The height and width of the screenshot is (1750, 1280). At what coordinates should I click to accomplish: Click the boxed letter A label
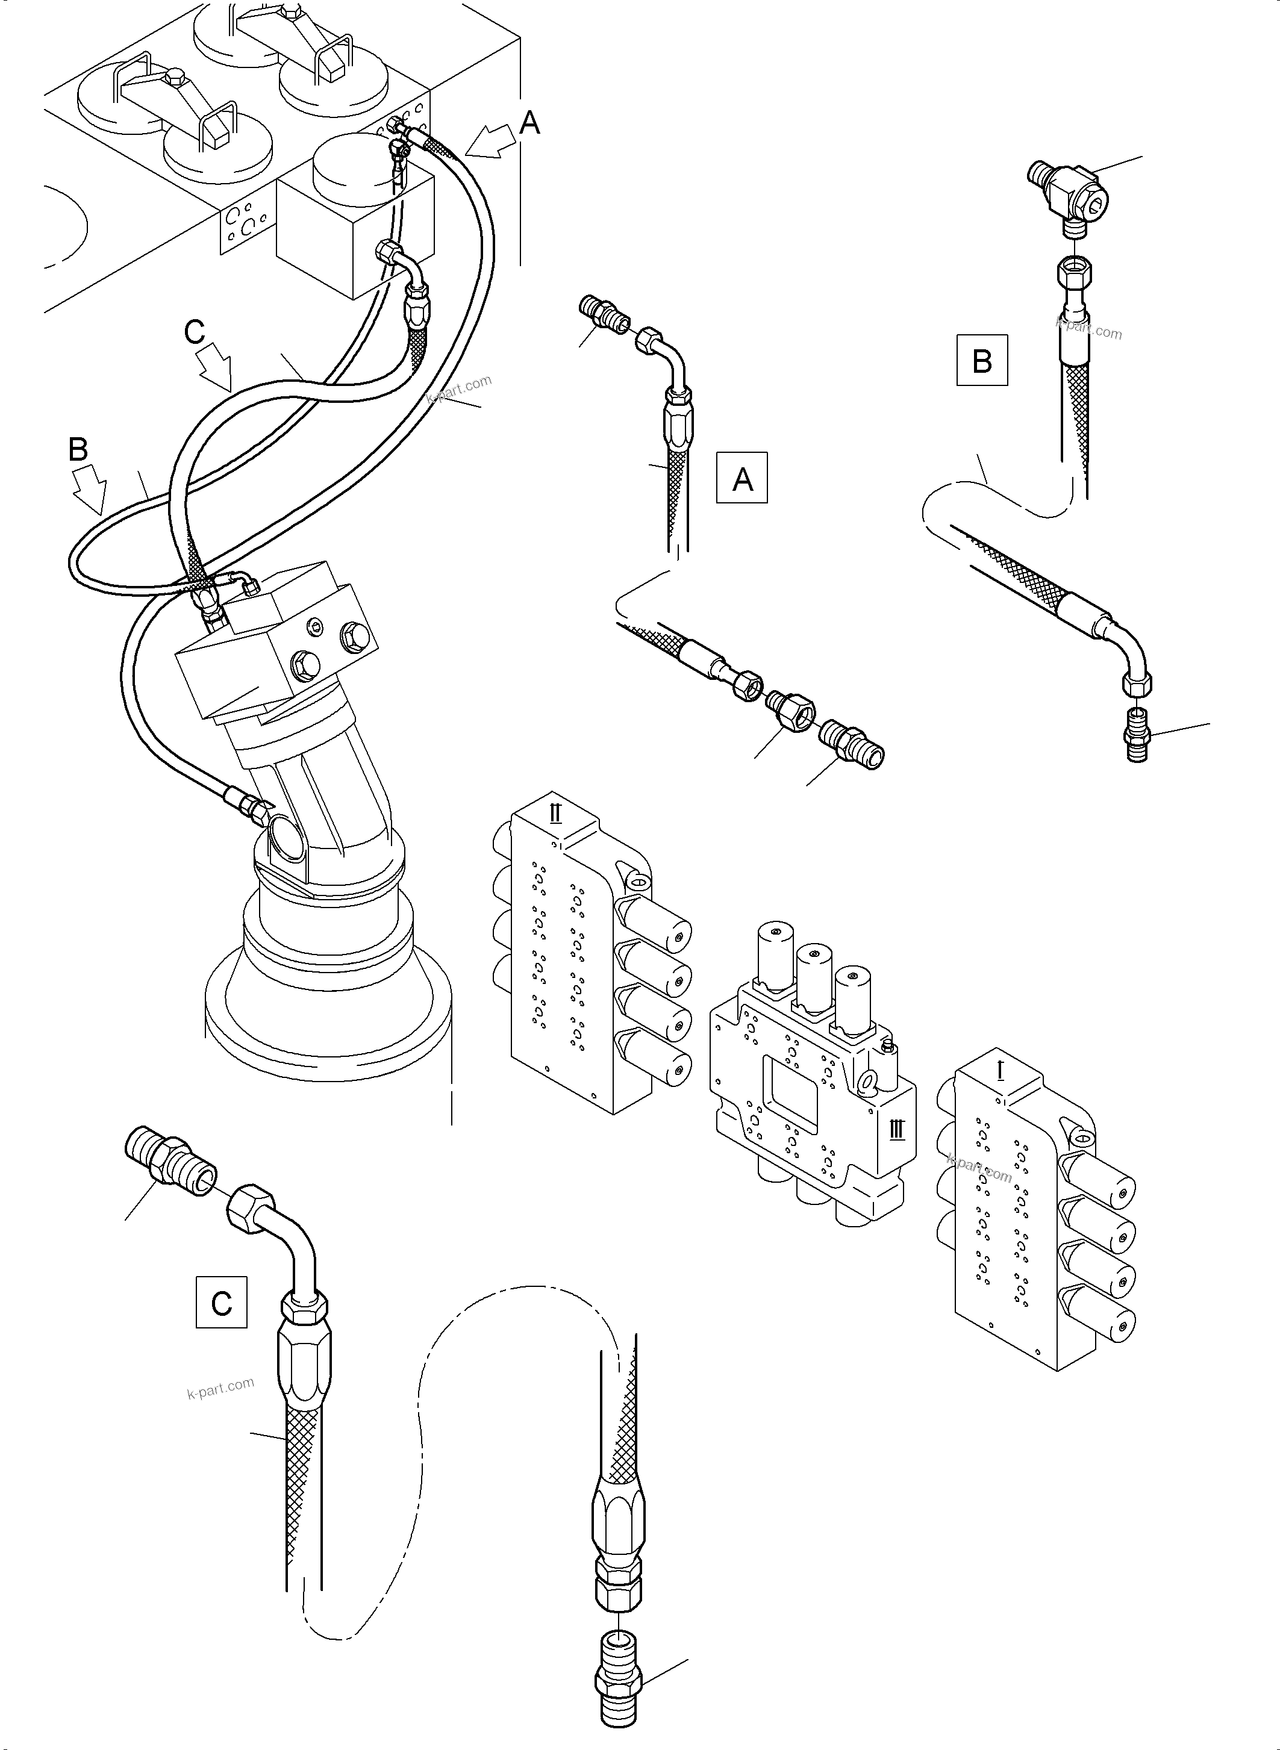click(x=741, y=478)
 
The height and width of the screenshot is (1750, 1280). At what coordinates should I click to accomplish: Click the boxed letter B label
click(x=982, y=360)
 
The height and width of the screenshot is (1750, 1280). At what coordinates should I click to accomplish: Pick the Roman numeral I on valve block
click(x=1001, y=1071)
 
